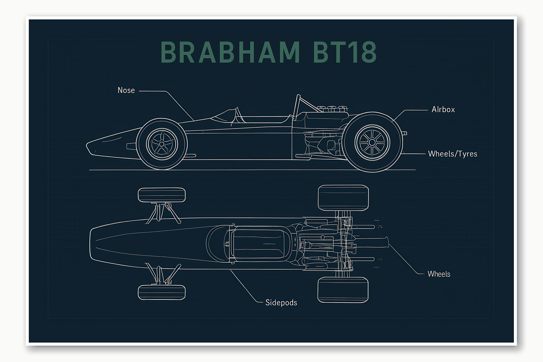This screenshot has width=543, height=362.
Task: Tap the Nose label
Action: coord(126,90)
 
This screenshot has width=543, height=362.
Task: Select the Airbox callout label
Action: coord(443,109)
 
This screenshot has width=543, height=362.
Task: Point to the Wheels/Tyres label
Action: coord(452,154)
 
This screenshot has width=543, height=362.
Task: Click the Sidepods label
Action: coord(281,303)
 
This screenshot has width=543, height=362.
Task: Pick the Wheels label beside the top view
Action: coord(439,274)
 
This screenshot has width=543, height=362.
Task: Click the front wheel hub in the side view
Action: coord(162,143)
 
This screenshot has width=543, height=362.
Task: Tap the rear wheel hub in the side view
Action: coord(372,142)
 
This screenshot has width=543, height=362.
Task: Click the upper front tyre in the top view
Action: coord(162,195)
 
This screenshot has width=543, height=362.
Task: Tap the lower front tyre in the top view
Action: coord(162,292)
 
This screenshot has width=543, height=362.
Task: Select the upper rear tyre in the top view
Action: coord(343,198)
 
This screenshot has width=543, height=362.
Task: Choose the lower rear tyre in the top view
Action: coord(343,290)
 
